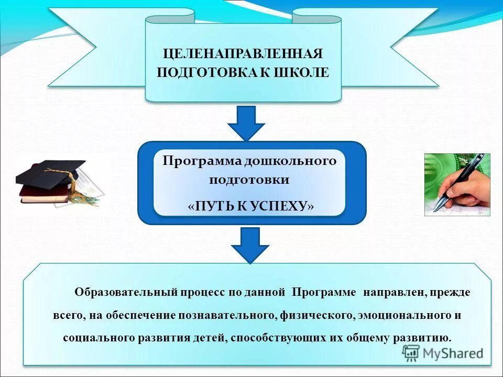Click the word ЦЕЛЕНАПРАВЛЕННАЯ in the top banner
[x=243, y=53]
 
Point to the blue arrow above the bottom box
[x=250, y=245]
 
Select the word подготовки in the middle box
[x=249, y=180]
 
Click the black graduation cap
[x=50, y=172]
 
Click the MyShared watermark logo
[x=443, y=353]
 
